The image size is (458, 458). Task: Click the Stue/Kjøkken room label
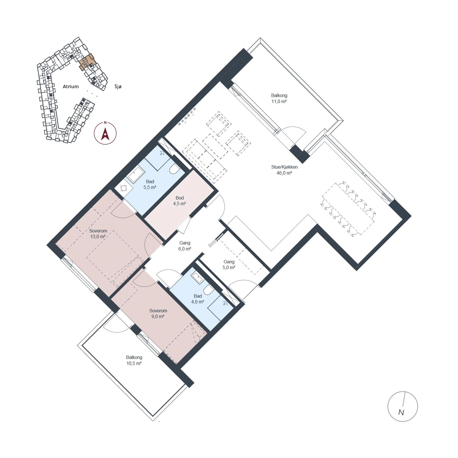tap(284, 167)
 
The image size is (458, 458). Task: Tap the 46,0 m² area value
tap(284, 173)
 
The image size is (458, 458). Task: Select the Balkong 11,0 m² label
tap(279, 98)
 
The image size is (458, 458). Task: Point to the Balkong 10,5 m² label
tap(134, 360)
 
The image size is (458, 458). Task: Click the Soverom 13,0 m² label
tap(98, 234)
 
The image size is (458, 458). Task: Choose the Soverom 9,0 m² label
tap(158, 313)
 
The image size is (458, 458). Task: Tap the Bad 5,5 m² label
tap(150, 184)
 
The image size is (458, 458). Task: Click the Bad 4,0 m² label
tap(198, 299)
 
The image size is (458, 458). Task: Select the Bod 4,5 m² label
tap(179, 201)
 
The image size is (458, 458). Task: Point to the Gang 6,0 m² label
tap(185, 246)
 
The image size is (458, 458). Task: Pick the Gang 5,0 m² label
tap(229, 264)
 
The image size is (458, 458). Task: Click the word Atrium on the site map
tap(70, 86)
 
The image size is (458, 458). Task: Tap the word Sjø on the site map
tap(118, 86)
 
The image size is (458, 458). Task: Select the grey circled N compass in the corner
tap(402, 406)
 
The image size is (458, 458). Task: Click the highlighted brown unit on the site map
tap(87, 62)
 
